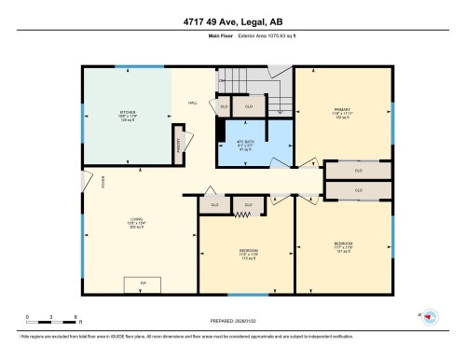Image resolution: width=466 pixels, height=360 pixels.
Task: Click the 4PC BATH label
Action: (x=244, y=143)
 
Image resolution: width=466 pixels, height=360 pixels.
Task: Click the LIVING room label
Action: (x=136, y=223)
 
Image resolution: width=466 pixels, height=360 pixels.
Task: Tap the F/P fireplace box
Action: (x=143, y=282)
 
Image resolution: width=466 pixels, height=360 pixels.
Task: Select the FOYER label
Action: (x=90, y=183)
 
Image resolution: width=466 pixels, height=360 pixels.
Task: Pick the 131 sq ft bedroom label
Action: (x=343, y=247)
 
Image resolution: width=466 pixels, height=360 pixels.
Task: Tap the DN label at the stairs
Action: (x=221, y=81)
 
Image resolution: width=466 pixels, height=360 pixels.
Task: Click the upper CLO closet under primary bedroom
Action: (x=358, y=172)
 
